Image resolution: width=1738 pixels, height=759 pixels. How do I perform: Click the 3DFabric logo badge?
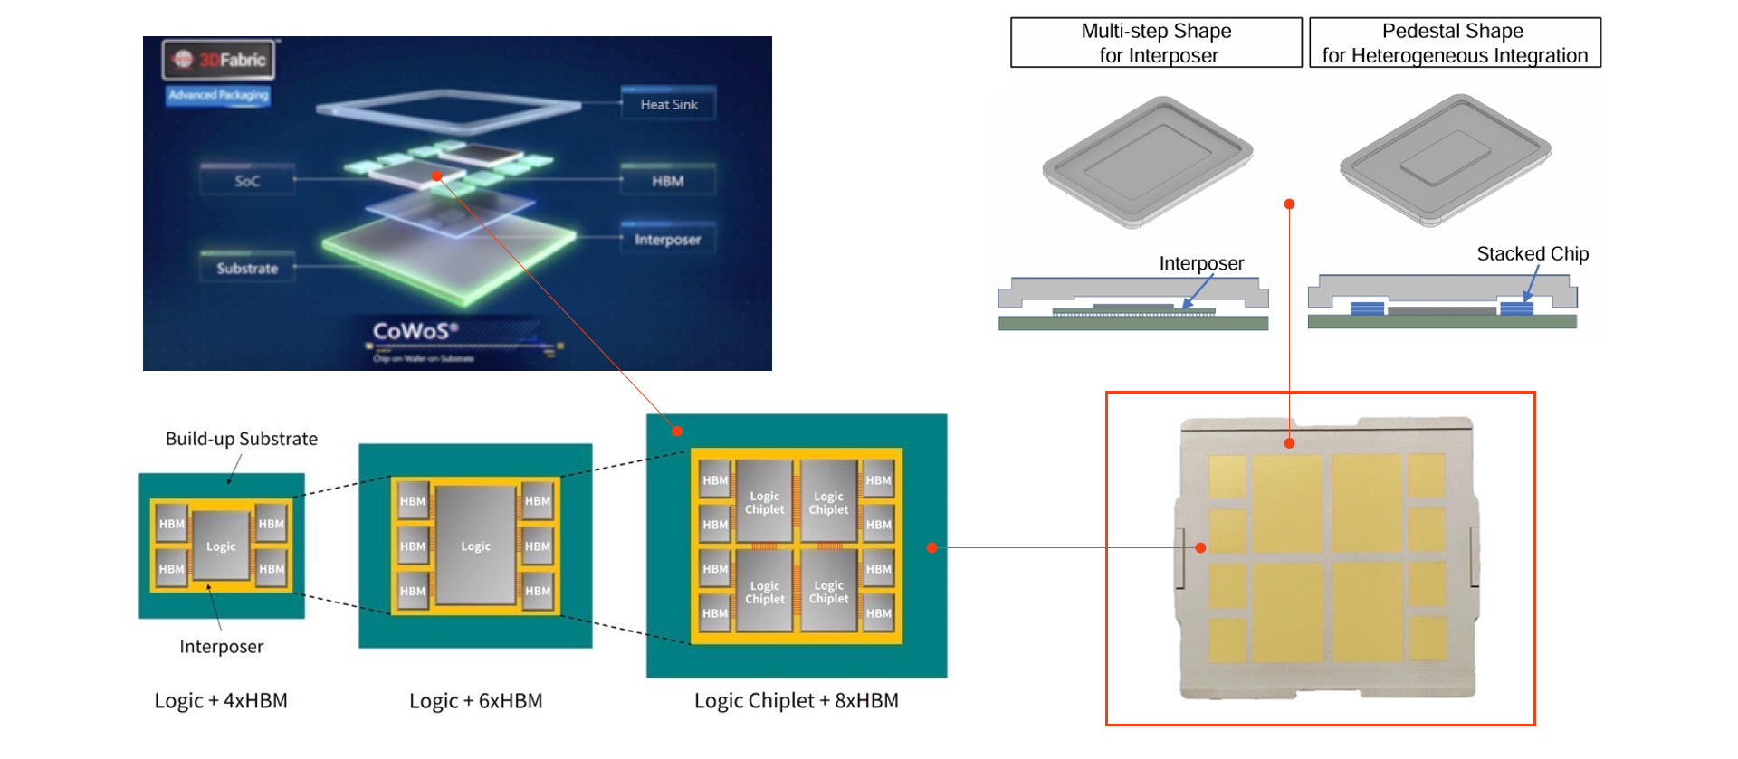point(219,60)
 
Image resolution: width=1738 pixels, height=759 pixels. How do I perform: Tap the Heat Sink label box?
point(668,104)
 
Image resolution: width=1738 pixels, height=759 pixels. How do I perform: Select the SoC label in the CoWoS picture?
point(247,181)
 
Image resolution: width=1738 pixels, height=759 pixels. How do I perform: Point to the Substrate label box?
point(247,268)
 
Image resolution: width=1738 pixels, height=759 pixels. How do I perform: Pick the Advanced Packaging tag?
point(218,95)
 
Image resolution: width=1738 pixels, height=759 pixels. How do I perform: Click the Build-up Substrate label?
point(242,439)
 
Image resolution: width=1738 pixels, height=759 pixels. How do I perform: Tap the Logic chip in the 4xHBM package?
point(221,546)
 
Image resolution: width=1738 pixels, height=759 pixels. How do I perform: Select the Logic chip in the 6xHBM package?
point(475,546)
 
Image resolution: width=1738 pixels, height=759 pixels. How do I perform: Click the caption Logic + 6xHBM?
point(475,701)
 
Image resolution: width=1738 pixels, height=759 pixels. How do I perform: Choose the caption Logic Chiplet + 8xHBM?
point(796,701)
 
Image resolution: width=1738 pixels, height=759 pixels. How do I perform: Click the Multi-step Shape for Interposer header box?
point(1156,43)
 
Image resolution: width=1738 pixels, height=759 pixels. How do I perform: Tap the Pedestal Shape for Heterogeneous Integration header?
point(1454,43)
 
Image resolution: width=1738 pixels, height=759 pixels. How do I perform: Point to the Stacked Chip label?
point(1533,254)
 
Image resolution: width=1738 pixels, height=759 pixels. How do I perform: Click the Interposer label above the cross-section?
point(1201,263)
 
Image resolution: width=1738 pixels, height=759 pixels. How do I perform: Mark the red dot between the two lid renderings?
point(1289,204)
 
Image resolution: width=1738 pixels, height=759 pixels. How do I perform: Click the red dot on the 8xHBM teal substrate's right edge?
point(931,547)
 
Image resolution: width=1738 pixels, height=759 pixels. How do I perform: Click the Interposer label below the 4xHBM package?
point(221,647)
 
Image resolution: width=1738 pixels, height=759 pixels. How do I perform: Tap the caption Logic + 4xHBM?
point(221,701)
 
